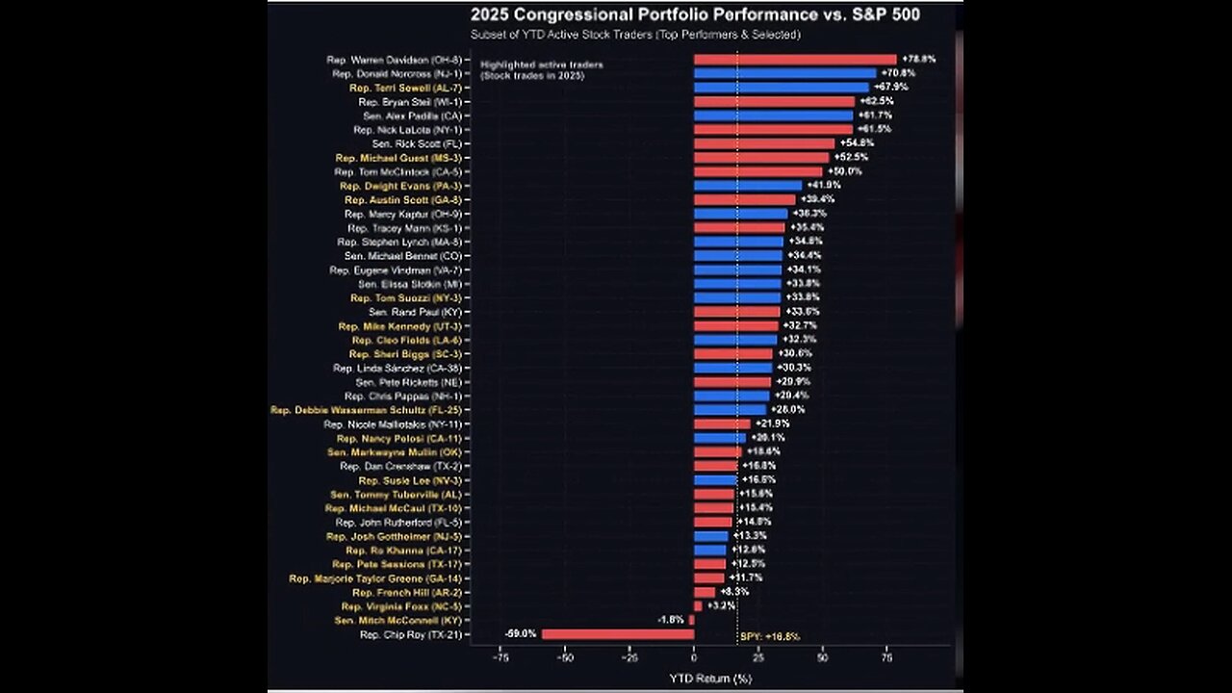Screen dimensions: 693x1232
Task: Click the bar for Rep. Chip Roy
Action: (617, 634)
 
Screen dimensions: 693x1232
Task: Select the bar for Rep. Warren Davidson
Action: (795, 60)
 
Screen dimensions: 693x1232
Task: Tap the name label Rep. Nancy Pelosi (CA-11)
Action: (399, 438)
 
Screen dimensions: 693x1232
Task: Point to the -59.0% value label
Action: (520, 634)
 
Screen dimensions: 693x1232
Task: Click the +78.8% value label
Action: (917, 60)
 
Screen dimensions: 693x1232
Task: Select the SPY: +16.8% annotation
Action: (770, 636)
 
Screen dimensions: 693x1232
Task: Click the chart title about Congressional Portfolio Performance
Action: (694, 14)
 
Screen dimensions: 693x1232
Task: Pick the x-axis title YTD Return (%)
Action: (710, 678)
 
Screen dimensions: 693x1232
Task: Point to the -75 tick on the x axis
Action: (500, 659)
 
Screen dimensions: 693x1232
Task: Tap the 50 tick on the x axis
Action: (823, 659)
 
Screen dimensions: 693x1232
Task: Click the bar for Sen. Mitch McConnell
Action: (691, 621)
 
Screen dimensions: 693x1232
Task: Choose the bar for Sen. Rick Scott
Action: (764, 143)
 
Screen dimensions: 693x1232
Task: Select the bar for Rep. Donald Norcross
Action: (784, 73)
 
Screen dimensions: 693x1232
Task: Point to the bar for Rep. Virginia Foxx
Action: (698, 606)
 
